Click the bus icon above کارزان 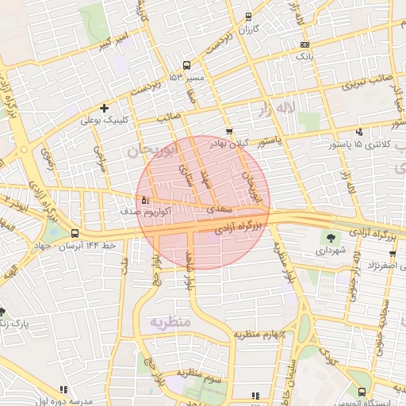249,17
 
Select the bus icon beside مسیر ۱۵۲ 186,66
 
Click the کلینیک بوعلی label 105,121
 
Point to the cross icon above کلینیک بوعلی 105,108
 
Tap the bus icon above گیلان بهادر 229,132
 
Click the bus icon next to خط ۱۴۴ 75,234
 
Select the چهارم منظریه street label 257,335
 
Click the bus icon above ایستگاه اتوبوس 362,392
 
